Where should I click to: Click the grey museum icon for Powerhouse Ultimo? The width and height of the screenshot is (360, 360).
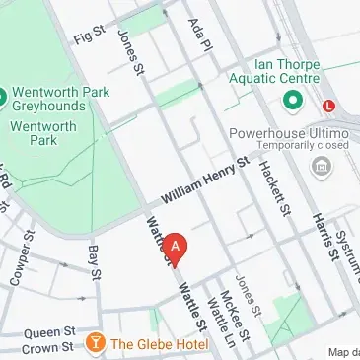[319, 166]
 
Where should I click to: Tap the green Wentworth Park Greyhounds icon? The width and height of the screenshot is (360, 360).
[3, 96]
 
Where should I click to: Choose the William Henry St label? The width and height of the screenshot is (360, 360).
[202, 183]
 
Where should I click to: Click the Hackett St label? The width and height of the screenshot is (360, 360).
[274, 187]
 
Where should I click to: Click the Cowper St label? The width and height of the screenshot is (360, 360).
[19, 261]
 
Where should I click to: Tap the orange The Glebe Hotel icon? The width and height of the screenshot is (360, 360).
[96, 343]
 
